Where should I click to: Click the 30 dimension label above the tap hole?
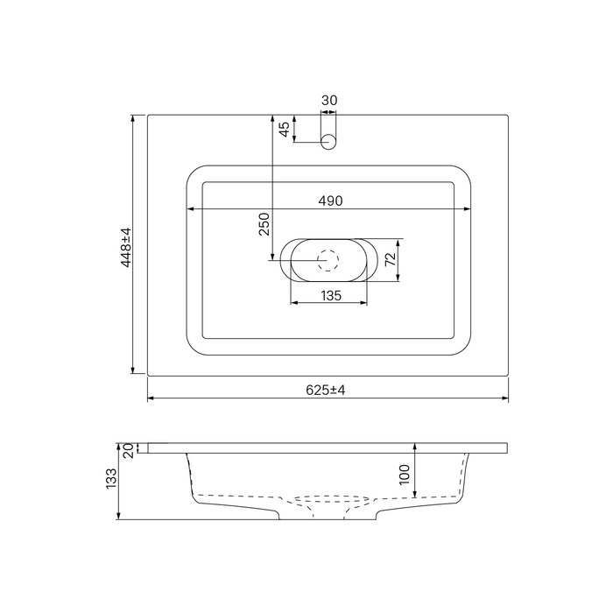tap(329, 101)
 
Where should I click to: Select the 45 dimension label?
tap(285, 129)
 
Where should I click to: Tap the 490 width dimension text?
tap(330, 201)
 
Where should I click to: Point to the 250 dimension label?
tap(264, 224)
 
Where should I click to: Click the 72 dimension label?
tap(391, 259)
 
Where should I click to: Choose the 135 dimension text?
tap(331, 296)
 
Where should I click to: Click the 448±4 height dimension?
tap(126, 248)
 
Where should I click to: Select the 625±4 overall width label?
tap(325, 391)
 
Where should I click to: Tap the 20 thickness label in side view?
tap(130, 450)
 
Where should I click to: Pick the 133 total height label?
tap(111, 478)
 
